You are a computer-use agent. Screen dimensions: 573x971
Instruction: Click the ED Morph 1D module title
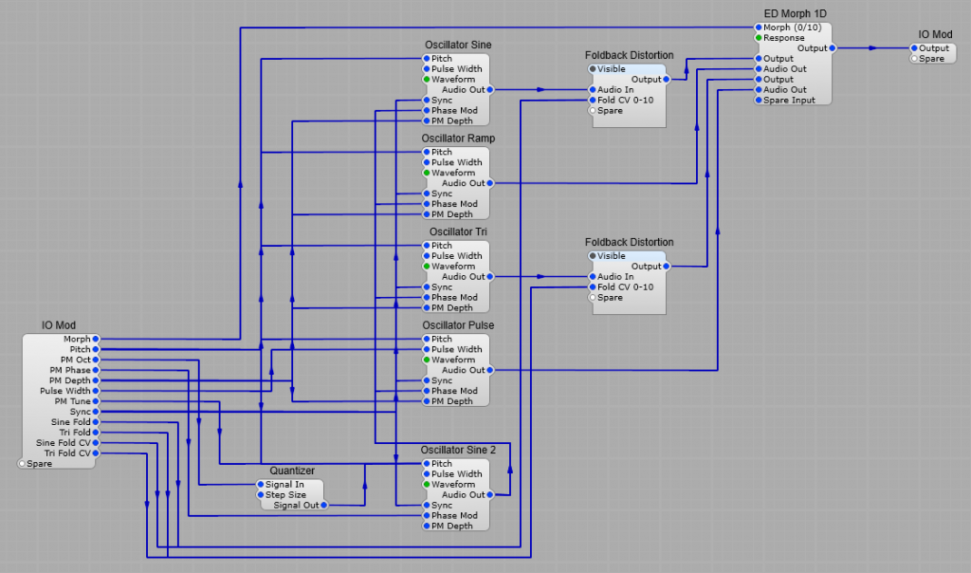pos(795,14)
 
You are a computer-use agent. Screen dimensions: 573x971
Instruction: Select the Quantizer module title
pos(291,471)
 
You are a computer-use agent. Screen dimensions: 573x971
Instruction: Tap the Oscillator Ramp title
pos(458,139)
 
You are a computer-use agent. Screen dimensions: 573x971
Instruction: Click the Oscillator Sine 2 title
pos(458,450)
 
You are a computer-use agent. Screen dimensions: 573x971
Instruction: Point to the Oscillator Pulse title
pos(458,325)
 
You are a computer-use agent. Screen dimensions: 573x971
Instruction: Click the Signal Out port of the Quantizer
pos(323,506)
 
